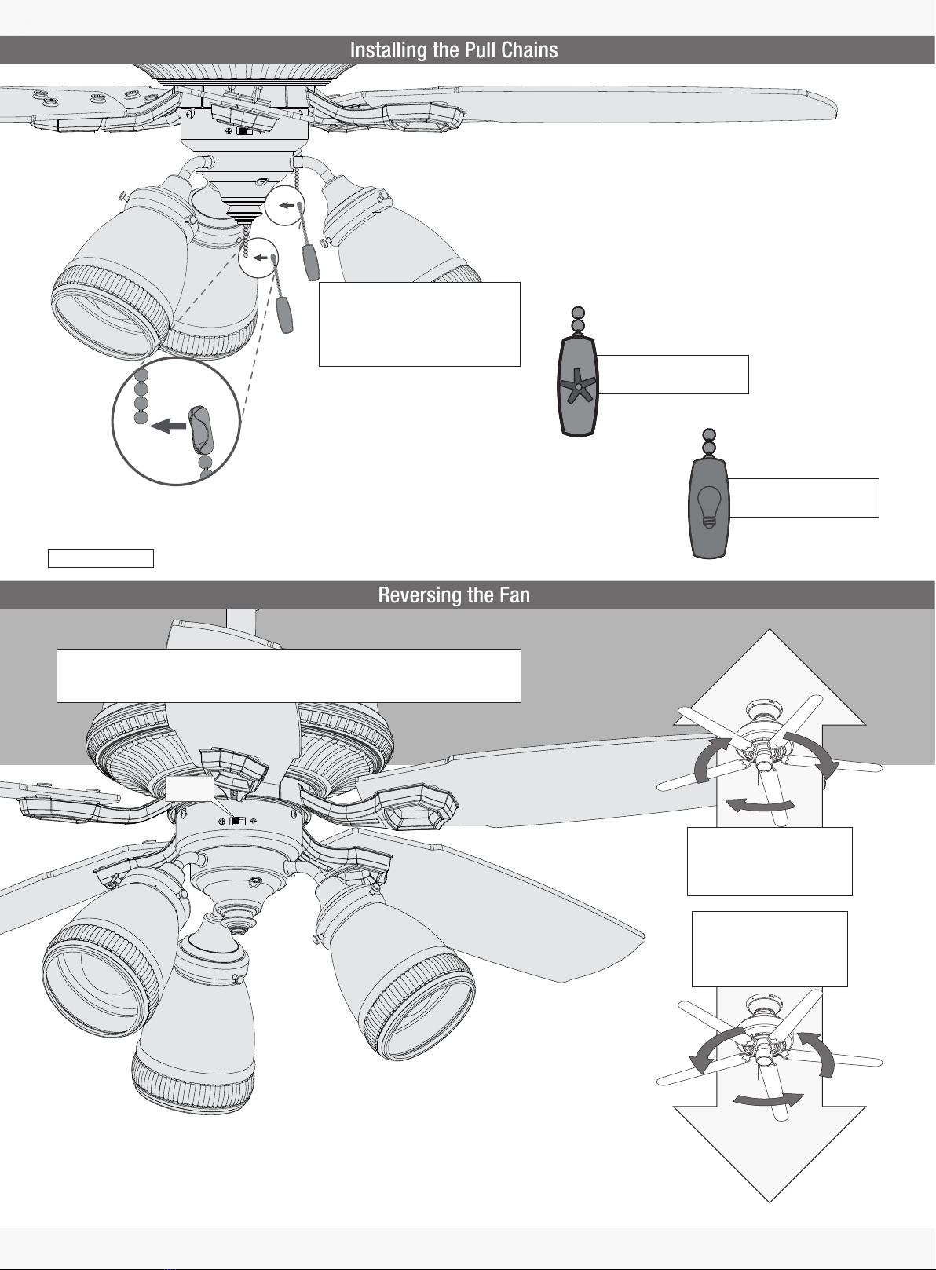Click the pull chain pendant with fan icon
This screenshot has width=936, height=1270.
point(578,386)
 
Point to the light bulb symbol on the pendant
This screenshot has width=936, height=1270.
point(708,507)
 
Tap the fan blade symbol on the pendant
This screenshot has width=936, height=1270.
point(578,386)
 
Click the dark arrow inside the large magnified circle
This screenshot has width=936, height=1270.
point(168,425)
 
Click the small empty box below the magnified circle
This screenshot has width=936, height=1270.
point(101,558)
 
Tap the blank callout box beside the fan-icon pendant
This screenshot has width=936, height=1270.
point(674,375)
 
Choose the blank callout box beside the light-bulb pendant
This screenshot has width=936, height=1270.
point(804,498)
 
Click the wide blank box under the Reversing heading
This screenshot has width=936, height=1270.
point(288,675)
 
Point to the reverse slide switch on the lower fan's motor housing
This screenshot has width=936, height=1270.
point(238,821)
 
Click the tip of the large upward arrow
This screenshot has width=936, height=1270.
point(770,629)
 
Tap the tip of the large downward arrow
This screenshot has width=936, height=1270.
point(770,1202)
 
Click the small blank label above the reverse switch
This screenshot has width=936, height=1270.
point(189,789)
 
